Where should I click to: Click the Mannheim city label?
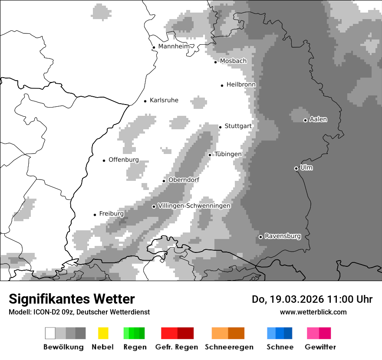pyautogui.click(x=175, y=46)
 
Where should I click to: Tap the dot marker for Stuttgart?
pyautogui.click(x=220, y=127)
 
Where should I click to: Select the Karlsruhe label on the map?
pyautogui.click(x=164, y=100)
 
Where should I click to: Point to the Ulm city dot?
pyautogui.click(x=296, y=168)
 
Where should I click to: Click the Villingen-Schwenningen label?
pyautogui.click(x=194, y=206)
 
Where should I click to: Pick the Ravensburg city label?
pyautogui.click(x=282, y=236)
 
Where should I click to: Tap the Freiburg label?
pyautogui.click(x=111, y=214)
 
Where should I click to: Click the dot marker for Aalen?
pyautogui.click(x=305, y=120)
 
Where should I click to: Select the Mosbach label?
pyautogui.click(x=233, y=61)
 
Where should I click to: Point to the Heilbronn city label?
pyautogui.click(x=241, y=85)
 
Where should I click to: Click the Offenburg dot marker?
pyautogui.click(x=104, y=160)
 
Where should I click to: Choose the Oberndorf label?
pyautogui.click(x=184, y=180)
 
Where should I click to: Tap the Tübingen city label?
pyautogui.click(x=228, y=154)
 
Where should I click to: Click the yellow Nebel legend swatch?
pyautogui.click(x=103, y=333)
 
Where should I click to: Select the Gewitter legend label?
pyautogui.click(x=320, y=347)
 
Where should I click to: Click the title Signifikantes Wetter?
pyautogui.click(x=72, y=299)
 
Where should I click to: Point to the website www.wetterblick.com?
pyautogui.click(x=313, y=312)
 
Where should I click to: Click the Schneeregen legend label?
pyautogui.click(x=229, y=347)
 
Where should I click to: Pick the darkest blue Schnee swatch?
pyautogui.click(x=288, y=333)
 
